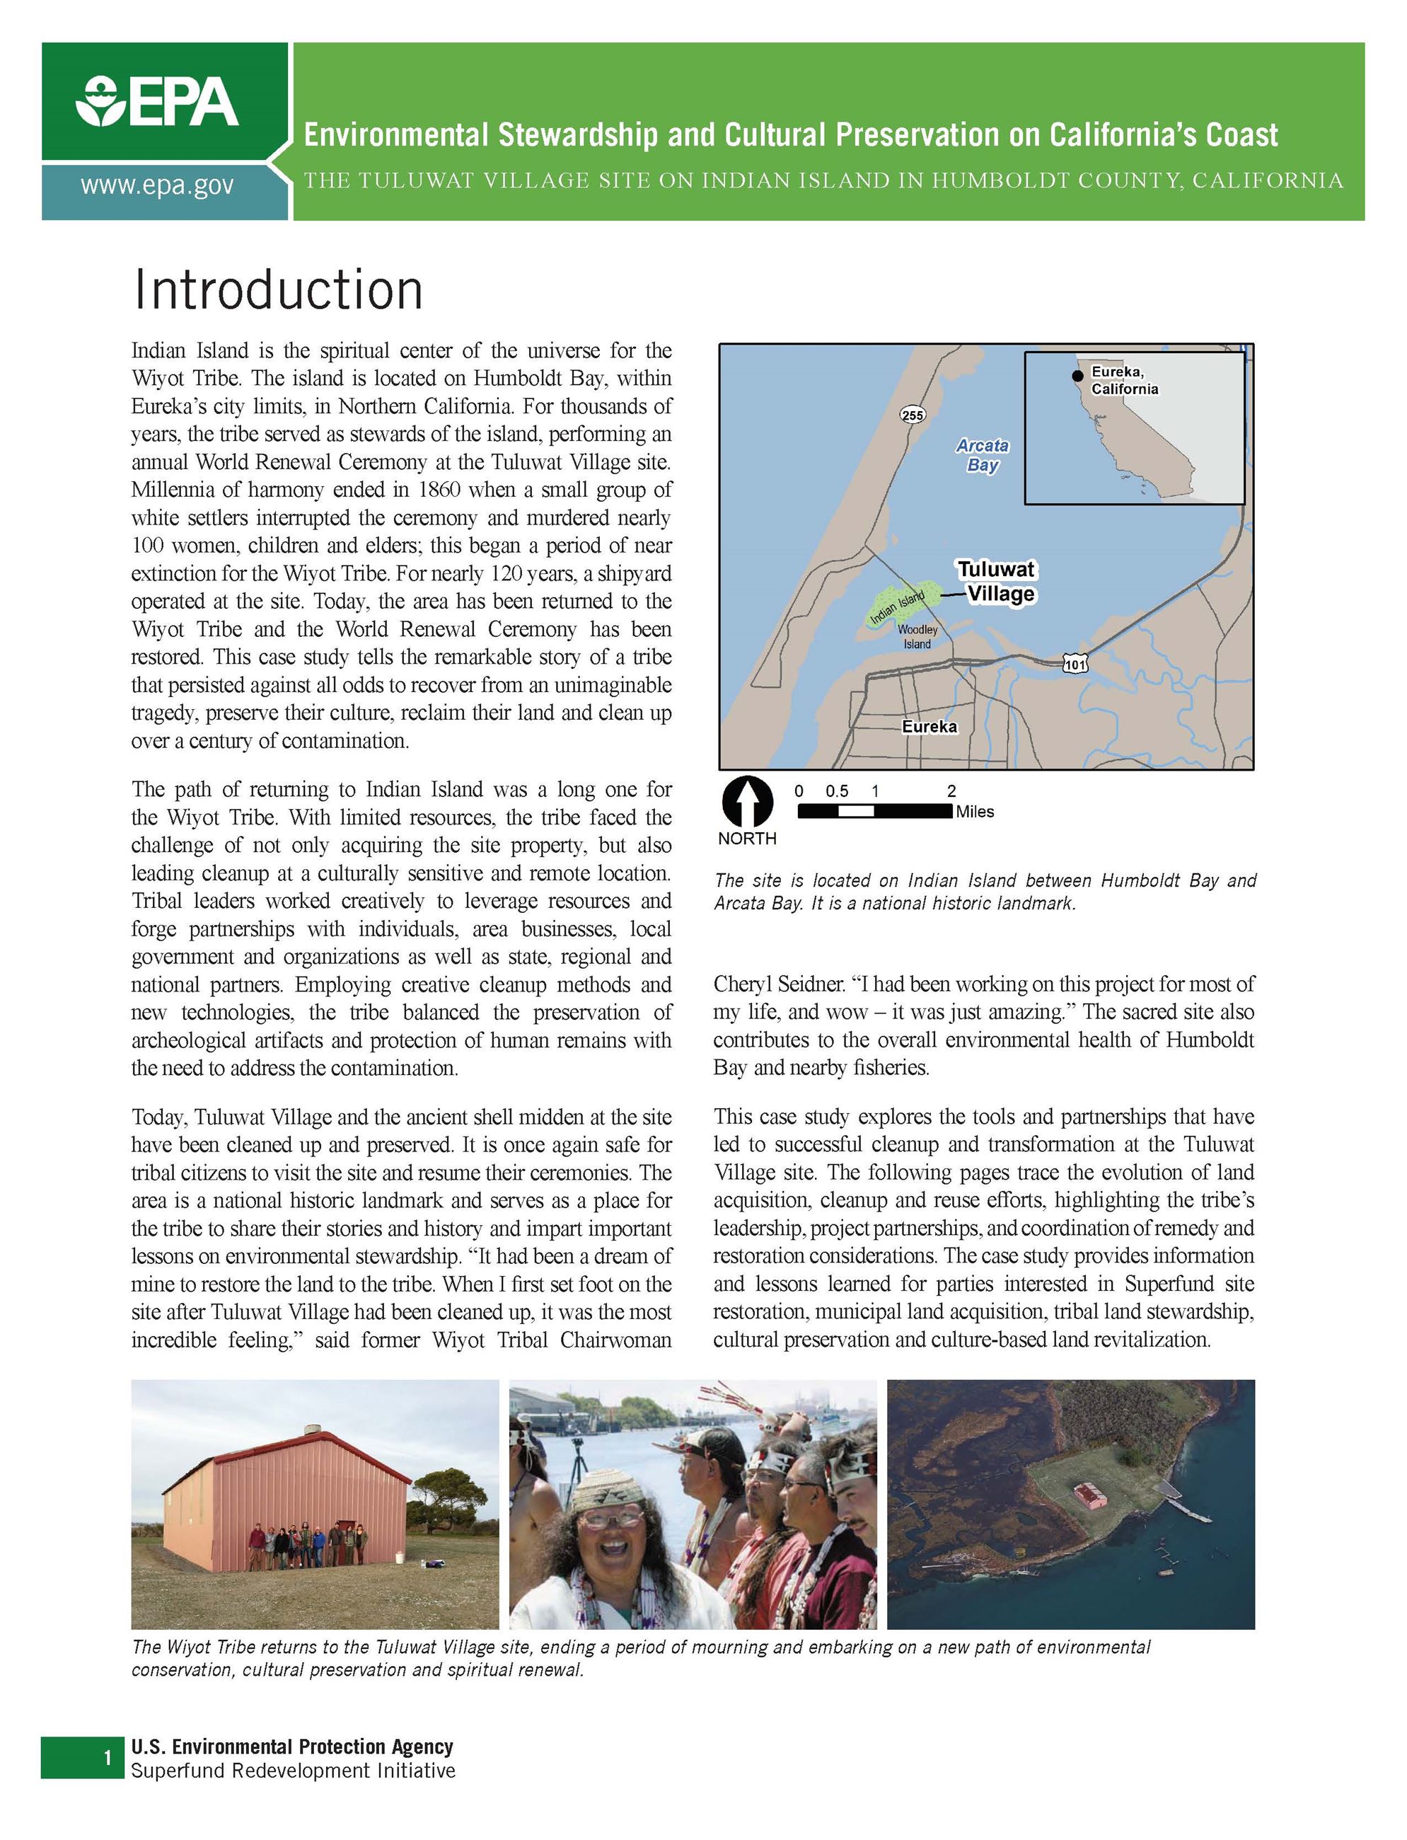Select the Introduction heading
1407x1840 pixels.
277,290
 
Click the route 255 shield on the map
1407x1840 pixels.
912,415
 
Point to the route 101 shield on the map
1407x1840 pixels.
1075,665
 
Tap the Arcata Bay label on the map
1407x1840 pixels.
983,455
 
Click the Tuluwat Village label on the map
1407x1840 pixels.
997,582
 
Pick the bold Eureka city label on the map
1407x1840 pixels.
929,727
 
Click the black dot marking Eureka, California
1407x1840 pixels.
1078,375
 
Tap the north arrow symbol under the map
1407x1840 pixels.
746,802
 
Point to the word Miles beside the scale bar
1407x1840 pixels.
975,812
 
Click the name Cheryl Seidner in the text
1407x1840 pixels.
778,984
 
